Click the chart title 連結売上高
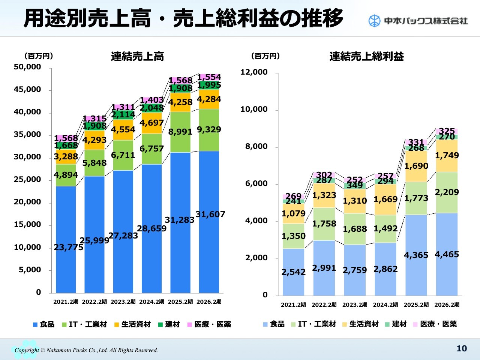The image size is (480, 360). point(137,56)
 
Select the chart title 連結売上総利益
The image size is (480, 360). point(366,56)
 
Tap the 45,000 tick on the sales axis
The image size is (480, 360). point(27,90)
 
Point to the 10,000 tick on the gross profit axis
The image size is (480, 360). point(254,109)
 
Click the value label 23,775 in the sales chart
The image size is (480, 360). point(68,247)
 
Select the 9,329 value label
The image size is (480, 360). point(209,130)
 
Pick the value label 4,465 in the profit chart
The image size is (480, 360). point(447,255)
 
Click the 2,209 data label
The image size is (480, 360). point(447,192)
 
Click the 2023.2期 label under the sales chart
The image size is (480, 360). point(123,302)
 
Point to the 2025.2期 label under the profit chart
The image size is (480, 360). point(416,305)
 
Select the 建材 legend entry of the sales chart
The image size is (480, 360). point(169,324)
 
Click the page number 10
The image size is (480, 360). point(462,348)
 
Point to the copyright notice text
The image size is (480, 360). point(86,350)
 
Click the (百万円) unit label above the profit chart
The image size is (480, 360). point(265,56)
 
